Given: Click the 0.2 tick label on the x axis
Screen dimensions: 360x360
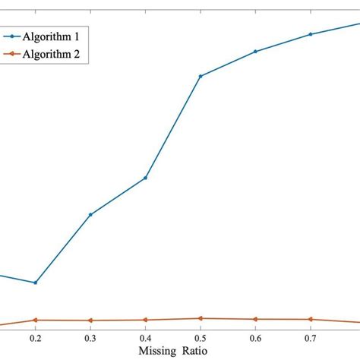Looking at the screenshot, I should coord(36,336).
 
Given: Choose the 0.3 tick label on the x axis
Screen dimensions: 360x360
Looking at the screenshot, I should coord(90,336).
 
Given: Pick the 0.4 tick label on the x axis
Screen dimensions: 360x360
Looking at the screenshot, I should coord(145,336).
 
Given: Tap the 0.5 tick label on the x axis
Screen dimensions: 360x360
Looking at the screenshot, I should coord(200,336).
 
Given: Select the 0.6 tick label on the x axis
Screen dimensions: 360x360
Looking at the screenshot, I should coord(255,336).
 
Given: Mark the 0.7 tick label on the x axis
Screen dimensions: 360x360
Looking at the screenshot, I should coord(310,336).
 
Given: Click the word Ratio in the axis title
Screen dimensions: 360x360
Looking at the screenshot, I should coord(192,351).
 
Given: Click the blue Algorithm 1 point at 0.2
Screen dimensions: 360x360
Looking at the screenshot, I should coord(36,283).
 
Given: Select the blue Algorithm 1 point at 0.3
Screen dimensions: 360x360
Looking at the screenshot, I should coord(90,214).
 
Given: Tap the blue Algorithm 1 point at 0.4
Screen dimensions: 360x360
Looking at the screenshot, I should coord(145,178).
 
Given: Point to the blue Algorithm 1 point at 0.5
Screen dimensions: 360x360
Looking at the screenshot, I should coord(200,76).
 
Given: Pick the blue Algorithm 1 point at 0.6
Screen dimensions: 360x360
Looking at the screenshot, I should coord(255,52).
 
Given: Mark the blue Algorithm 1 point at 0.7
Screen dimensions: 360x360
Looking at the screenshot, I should coord(310,34).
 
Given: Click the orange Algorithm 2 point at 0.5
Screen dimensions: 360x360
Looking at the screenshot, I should coord(200,318).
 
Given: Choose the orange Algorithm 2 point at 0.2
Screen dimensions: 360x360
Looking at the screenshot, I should coord(36,320).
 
